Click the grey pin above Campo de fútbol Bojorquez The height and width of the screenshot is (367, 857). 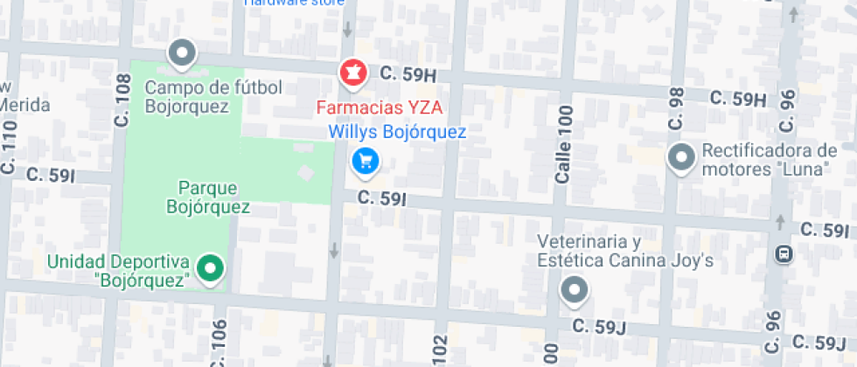[x=181, y=53]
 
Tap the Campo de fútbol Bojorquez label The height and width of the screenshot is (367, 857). [x=213, y=97]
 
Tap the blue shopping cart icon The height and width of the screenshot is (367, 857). [x=365, y=161]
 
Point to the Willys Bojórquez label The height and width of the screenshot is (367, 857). [x=397, y=133]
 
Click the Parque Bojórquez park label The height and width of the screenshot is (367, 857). [x=208, y=197]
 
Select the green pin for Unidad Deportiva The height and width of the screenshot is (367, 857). [x=209, y=268]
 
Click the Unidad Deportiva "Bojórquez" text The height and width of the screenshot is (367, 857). [x=119, y=271]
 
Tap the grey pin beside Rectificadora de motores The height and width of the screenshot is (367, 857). [x=679, y=158]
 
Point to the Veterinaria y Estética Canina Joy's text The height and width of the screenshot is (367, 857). [x=626, y=251]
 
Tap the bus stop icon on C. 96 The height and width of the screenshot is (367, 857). [x=784, y=254]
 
